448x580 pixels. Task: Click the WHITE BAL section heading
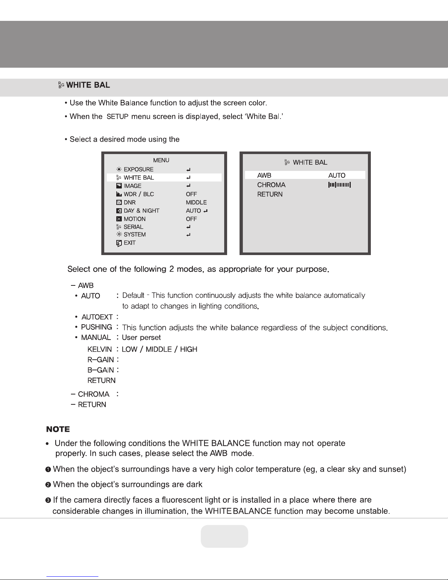[88, 85]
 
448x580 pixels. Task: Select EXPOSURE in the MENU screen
[138, 169]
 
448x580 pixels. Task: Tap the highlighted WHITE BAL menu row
[164, 177]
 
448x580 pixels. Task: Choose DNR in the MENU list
[129, 202]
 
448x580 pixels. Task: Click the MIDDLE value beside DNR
[196, 202]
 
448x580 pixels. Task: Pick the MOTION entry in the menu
[134, 219]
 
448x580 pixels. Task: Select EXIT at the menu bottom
[129, 243]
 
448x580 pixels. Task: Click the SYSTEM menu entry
[135, 235]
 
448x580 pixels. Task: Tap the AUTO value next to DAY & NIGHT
[193, 211]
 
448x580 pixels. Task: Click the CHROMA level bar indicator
[340, 185]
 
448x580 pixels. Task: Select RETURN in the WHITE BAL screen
[270, 194]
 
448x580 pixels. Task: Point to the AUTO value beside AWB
[337, 175]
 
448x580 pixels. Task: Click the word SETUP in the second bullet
[117, 117]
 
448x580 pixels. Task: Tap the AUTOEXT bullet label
[97, 317]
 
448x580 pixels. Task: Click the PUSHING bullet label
[97, 327]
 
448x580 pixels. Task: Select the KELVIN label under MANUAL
[99, 349]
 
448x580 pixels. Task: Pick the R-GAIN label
[101, 360]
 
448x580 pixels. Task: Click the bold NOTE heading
[58, 429]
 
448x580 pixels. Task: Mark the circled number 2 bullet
[48, 485]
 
